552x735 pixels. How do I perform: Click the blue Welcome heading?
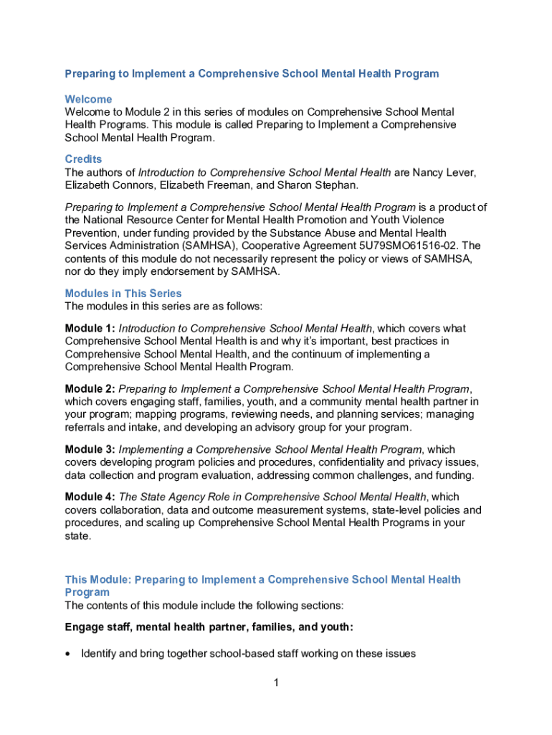click(x=88, y=99)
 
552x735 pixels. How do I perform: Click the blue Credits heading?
click(x=83, y=159)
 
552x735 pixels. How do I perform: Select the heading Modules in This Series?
click(x=123, y=293)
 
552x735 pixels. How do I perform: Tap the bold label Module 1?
click(x=90, y=328)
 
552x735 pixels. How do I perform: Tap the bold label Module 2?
click(x=90, y=388)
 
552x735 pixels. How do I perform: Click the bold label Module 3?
click(x=90, y=449)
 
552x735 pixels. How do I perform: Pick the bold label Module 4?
click(x=90, y=497)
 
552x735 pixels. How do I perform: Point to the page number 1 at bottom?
click(x=275, y=683)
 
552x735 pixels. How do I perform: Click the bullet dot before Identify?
click(x=68, y=653)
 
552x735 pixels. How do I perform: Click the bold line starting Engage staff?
click(x=209, y=627)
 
